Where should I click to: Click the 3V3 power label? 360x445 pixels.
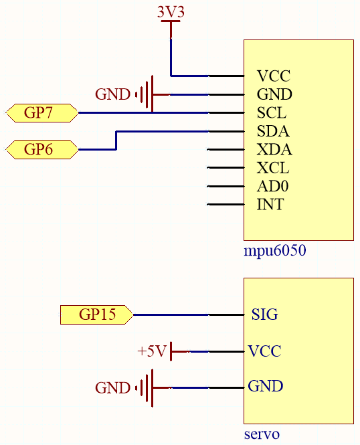[171, 12]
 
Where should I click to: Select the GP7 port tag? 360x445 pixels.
[42, 113]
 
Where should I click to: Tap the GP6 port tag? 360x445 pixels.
[42, 149]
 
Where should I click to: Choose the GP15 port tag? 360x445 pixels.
[96, 315]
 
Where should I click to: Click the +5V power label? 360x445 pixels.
[151, 351]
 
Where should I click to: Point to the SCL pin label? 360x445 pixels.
[272, 112]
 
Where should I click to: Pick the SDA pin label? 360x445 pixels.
[273, 131]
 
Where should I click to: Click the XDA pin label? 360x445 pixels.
[274, 149]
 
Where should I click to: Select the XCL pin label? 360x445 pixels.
[273, 168]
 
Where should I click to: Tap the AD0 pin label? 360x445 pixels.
[272, 186]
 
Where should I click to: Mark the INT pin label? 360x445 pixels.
[270, 204]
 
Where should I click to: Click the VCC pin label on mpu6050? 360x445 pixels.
[274, 76]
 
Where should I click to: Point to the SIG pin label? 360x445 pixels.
[265, 315]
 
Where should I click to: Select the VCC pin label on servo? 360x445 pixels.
[265, 351]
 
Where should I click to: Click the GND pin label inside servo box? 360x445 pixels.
[266, 386]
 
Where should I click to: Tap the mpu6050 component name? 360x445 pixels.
[275, 250]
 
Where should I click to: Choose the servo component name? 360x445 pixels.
[262, 434]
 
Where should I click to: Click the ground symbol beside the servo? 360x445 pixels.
[147, 388]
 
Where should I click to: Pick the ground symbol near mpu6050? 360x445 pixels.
[147, 94]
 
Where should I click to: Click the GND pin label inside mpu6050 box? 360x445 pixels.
[274, 94]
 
